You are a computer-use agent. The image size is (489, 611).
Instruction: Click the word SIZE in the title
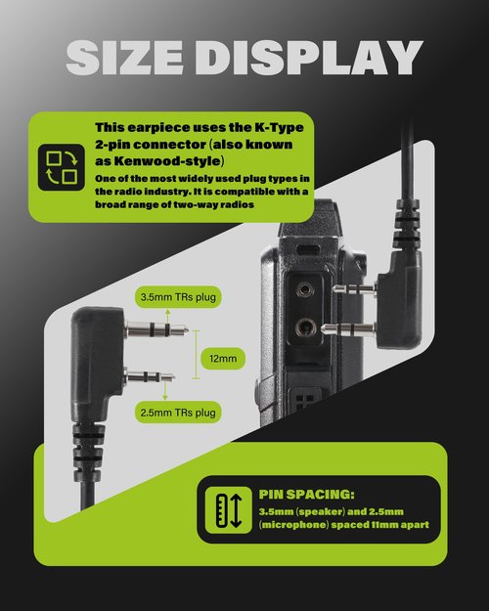(125, 58)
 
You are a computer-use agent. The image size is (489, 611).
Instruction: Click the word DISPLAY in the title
(309, 58)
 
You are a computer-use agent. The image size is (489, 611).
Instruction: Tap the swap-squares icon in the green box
(62, 167)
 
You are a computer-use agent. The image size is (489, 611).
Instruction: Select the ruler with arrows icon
(229, 510)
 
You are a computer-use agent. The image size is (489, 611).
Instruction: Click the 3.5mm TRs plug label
(178, 297)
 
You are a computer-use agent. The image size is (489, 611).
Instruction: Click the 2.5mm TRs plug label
(178, 413)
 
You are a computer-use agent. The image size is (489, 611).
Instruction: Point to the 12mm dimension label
(223, 359)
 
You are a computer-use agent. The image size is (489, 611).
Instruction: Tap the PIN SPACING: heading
(306, 494)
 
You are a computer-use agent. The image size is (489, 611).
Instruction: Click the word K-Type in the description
(279, 127)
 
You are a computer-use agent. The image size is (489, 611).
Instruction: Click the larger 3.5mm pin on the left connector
(156, 330)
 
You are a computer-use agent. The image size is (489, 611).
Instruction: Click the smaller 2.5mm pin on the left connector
(150, 376)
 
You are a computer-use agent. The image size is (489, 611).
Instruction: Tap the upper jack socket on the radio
(304, 289)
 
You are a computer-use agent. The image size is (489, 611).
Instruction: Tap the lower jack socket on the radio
(305, 327)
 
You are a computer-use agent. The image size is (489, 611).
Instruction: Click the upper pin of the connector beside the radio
(354, 289)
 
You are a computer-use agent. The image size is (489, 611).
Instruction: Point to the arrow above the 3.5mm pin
(167, 317)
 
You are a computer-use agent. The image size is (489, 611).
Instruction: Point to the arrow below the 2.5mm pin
(165, 390)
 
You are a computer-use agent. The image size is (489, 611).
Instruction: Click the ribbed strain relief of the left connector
(88, 453)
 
